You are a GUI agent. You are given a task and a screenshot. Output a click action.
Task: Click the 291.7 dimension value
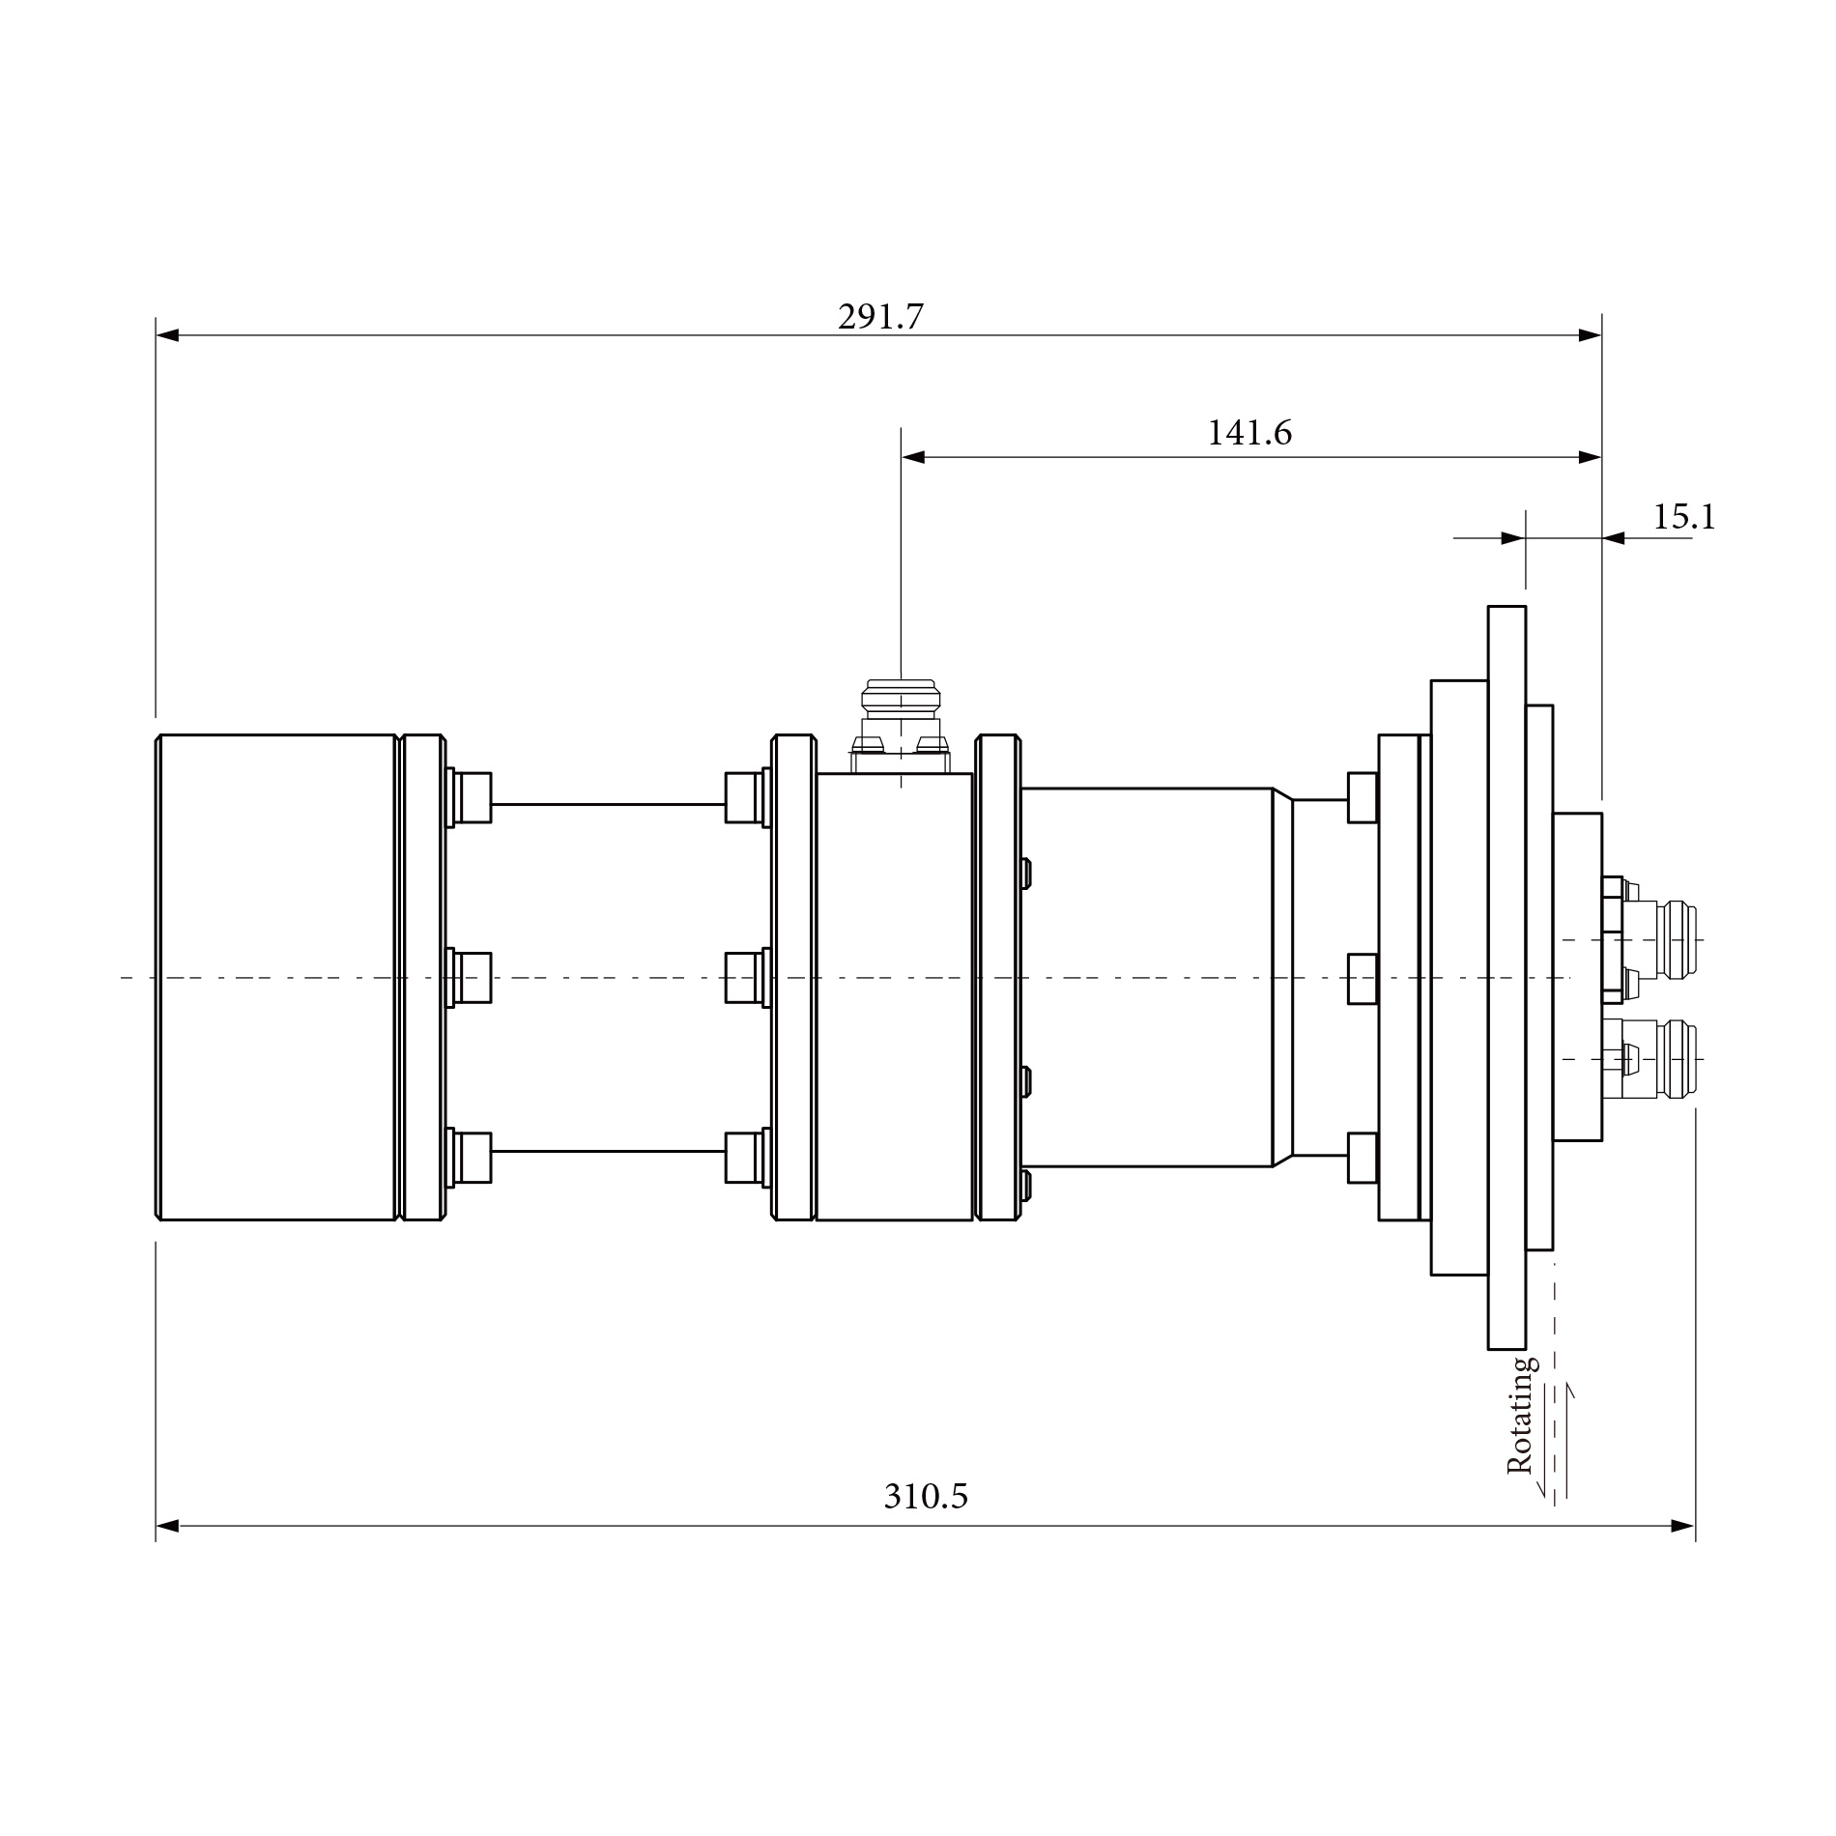(x=880, y=317)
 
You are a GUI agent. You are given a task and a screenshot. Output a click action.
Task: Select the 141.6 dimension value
(x=1248, y=433)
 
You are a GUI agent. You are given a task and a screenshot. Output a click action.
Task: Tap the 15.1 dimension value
(x=1683, y=517)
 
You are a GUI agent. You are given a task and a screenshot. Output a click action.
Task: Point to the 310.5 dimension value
(x=925, y=1496)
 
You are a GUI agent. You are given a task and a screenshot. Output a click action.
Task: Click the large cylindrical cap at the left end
(x=276, y=977)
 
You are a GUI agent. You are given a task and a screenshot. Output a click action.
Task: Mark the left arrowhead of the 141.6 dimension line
(x=913, y=457)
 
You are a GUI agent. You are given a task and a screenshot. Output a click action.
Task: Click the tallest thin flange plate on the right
(x=1506, y=977)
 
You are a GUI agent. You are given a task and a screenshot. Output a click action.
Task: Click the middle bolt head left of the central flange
(x=741, y=977)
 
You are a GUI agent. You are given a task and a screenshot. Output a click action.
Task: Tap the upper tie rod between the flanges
(x=608, y=804)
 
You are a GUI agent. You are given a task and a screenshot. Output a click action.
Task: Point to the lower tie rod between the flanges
(x=608, y=1151)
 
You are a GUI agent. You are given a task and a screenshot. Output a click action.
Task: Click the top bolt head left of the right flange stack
(x=1363, y=797)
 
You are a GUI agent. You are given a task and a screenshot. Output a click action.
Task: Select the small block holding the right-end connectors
(x=1577, y=977)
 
